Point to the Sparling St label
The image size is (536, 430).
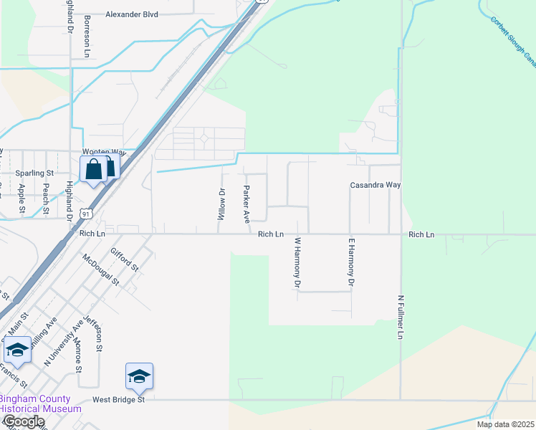tap(34, 173)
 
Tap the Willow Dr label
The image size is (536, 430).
tap(221, 204)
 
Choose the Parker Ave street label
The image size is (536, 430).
tap(247, 204)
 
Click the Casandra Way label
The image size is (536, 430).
tap(375, 185)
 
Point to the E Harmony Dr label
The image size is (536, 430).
tap(351, 263)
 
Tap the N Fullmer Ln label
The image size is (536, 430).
tap(401, 315)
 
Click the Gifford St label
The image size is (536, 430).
tap(125, 259)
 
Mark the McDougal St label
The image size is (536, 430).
tap(100, 269)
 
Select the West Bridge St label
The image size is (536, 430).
tap(118, 400)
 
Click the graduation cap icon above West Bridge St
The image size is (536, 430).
tap(140, 375)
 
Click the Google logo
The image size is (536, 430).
tap(23, 421)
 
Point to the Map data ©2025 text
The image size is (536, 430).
tap(505, 424)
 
